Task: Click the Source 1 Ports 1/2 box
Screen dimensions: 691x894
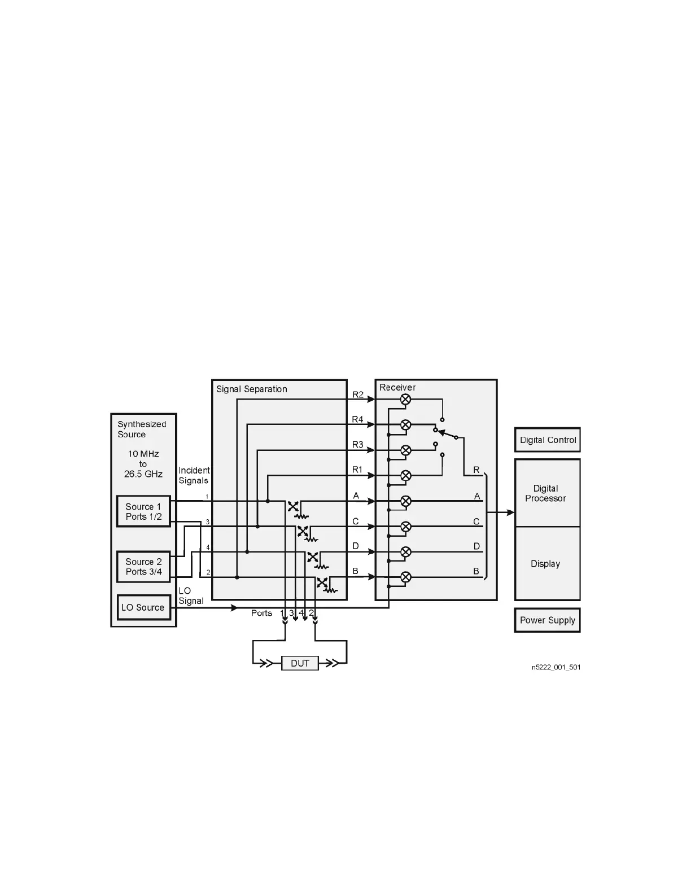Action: pyautogui.click(x=143, y=511)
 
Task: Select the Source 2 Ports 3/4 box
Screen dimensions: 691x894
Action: pyautogui.click(x=143, y=567)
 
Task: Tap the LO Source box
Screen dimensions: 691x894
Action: pyautogui.click(x=143, y=607)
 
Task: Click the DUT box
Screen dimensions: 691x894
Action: pyautogui.click(x=300, y=663)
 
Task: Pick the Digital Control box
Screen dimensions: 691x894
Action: pyautogui.click(x=548, y=440)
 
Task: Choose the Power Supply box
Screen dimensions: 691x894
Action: pyautogui.click(x=547, y=620)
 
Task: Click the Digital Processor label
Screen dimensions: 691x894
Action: pyautogui.click(x=545, y=493)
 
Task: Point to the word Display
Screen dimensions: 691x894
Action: pyautogui.click(x=545, y=564)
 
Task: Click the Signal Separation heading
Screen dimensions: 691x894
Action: pyautogui.click(x=252, y=389)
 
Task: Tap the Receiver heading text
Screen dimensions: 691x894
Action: pyautogui.click(x=397, y=388)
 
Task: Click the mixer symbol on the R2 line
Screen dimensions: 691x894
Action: pyautogui.click(x=405, y=400)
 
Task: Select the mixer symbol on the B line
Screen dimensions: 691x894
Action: pyautogui.click(x=405, y=577)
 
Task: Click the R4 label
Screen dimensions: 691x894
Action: pyautogui.click(x=357, y=420)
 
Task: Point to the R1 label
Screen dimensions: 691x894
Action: pyautogui.click(x=357, y=470)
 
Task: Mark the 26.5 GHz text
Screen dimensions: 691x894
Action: pyautogui.click(x=143, y=474)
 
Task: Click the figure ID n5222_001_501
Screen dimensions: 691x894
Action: pyautogui.click(x=556, y=668)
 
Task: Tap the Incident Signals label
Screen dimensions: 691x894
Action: pyautogui.click(x=194, y=475)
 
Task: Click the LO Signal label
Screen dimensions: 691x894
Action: pyautogui.click(x=191, y=596)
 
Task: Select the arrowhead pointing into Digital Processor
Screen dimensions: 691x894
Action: pyautogui.click(x=510, y=512)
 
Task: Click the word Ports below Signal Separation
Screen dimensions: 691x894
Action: pyautogui.click(x=261, y=613)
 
